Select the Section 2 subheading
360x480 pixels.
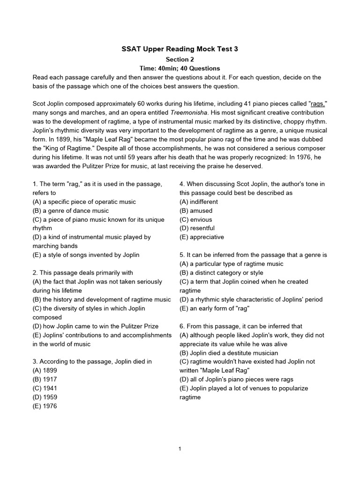coord(180,60)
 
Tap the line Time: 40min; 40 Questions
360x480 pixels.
coord(180,68)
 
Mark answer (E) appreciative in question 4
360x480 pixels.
coord(202,237)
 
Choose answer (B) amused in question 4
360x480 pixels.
coord(196,210)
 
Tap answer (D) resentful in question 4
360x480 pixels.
coord(197,228)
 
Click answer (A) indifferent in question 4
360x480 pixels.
coord(199,202)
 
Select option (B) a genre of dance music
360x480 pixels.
coord(71,210)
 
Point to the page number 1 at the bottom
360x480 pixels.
coord(180,449)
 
